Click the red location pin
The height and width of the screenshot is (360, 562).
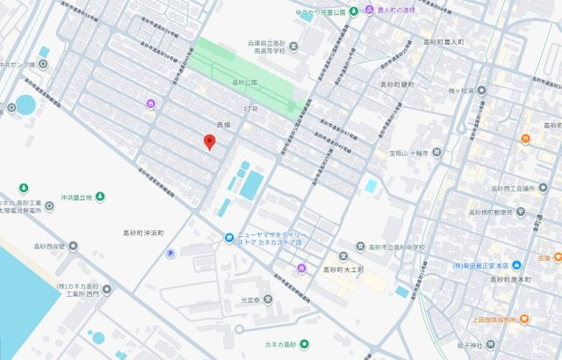pos(209,141)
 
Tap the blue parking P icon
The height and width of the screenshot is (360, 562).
pos(169,254)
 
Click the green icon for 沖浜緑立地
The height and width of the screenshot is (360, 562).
pos(100,197)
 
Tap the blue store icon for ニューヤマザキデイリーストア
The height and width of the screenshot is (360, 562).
pos(228,236)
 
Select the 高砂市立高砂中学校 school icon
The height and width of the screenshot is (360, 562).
pos(360,247)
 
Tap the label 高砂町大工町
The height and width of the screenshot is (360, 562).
pos(343,270)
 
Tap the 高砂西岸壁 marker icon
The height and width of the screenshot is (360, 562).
pos(73,247)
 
